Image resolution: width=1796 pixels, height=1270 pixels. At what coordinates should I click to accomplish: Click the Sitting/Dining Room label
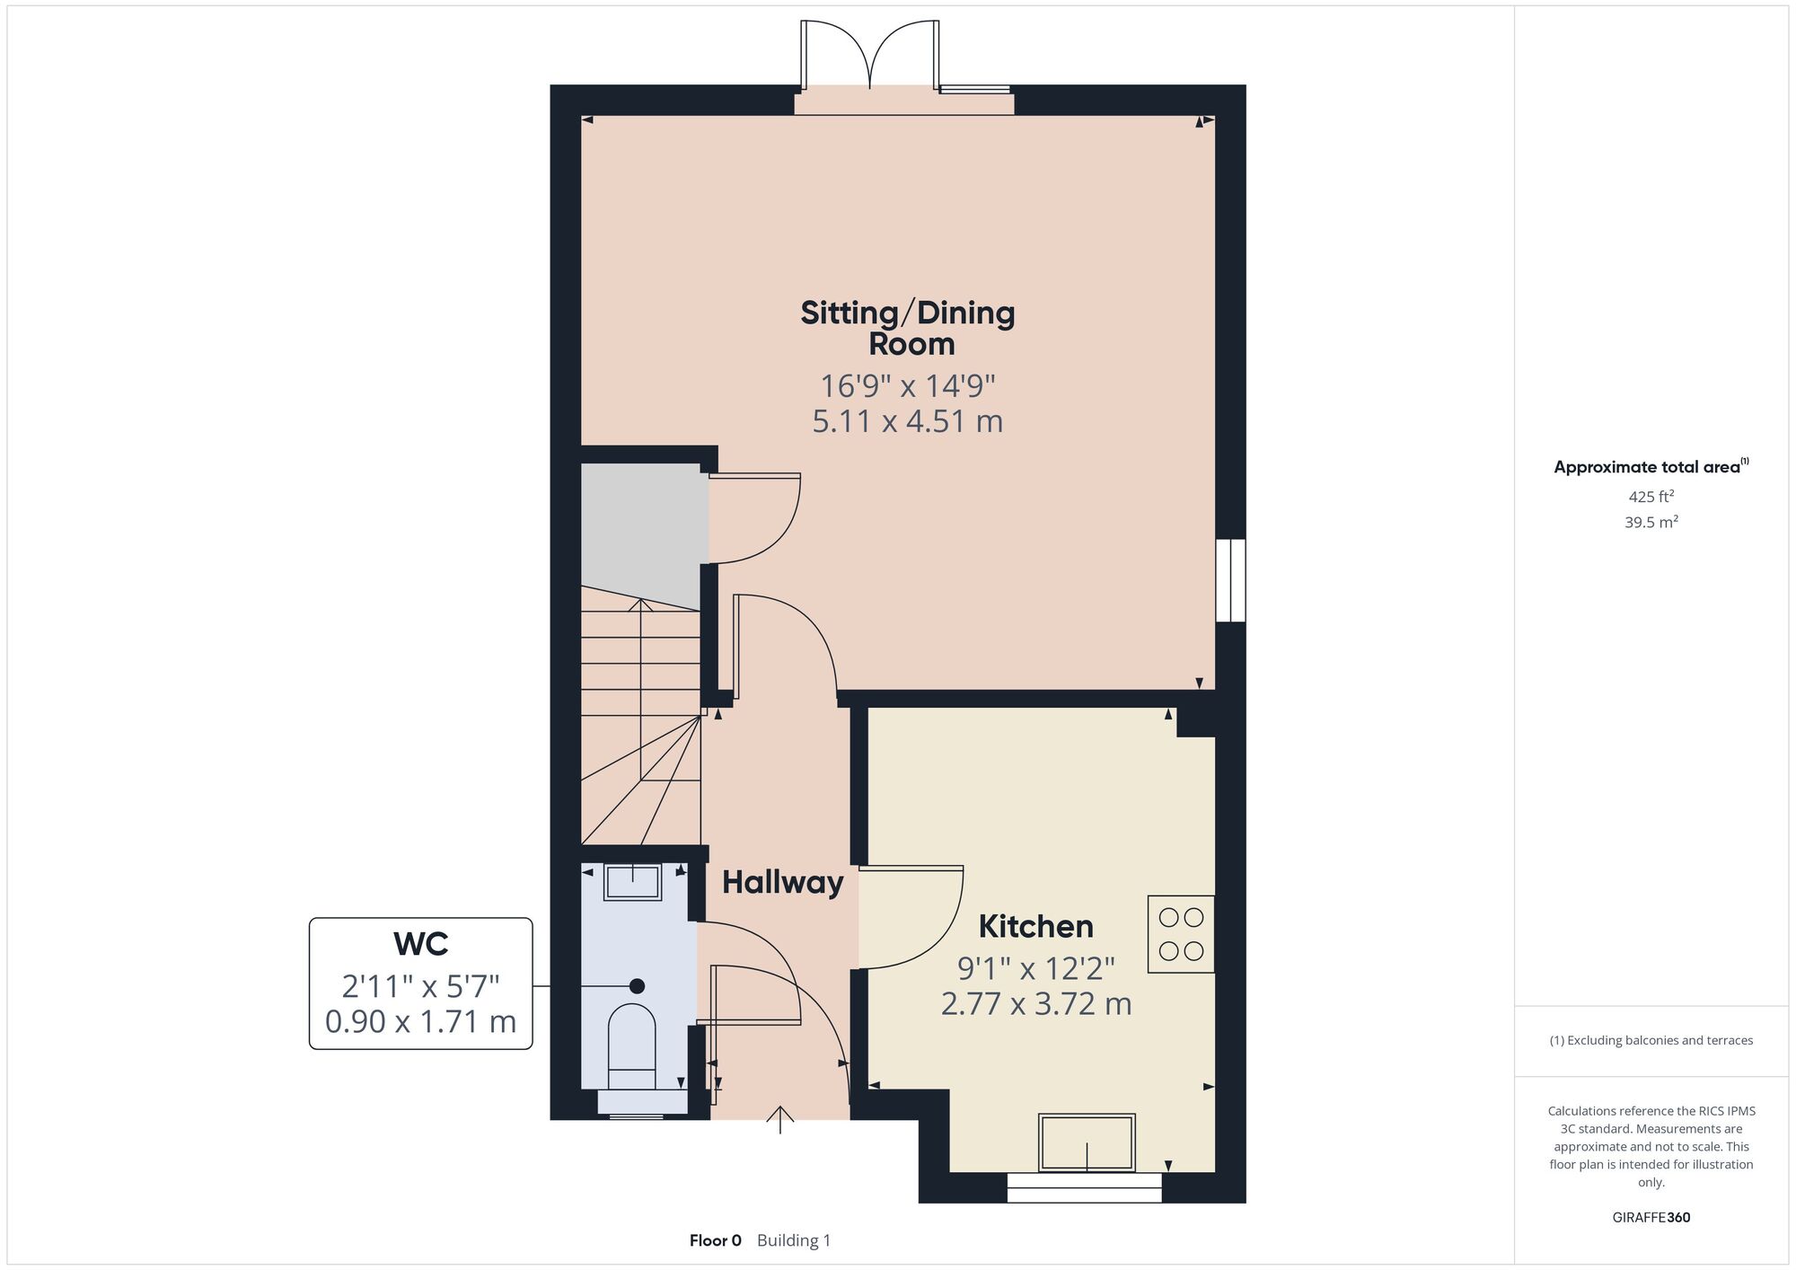coord(908,328)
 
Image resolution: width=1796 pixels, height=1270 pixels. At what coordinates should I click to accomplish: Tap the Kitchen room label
coord(1035,926)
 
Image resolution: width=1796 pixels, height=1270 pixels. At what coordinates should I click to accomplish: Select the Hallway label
coord(783,883)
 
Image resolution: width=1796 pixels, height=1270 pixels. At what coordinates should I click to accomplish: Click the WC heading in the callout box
coord(421,944)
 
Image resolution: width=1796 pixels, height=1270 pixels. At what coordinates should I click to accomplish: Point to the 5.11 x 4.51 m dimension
coord(908,421)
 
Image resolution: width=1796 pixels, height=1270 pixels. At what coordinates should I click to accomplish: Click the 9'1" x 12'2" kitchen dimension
coord(1035,968)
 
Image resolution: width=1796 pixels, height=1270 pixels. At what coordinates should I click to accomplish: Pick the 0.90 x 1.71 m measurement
coord(421,1022)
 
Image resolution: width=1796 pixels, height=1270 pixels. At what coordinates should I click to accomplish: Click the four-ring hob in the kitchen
coord(1181,934)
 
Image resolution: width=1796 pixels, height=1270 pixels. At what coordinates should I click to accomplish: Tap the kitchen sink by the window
coord(1087,1142)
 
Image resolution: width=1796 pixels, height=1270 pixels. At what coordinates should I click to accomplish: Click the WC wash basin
coord(633,882)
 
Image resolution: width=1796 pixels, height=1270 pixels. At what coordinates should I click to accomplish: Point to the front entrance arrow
coord(780,1120)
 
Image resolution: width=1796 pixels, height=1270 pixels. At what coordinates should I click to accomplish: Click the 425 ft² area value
coord(1651,496)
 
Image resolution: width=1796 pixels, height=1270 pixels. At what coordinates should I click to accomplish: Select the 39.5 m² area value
coord(1651,522)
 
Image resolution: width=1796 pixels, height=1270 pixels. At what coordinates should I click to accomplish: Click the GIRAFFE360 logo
coord(1651,1218)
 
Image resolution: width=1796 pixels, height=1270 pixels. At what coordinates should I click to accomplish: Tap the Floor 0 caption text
coord(716,1240)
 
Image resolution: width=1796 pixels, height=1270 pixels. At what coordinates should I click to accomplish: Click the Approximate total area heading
coord(1651,466)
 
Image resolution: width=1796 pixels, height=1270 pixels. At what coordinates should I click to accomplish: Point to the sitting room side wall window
coord(1230,580)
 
